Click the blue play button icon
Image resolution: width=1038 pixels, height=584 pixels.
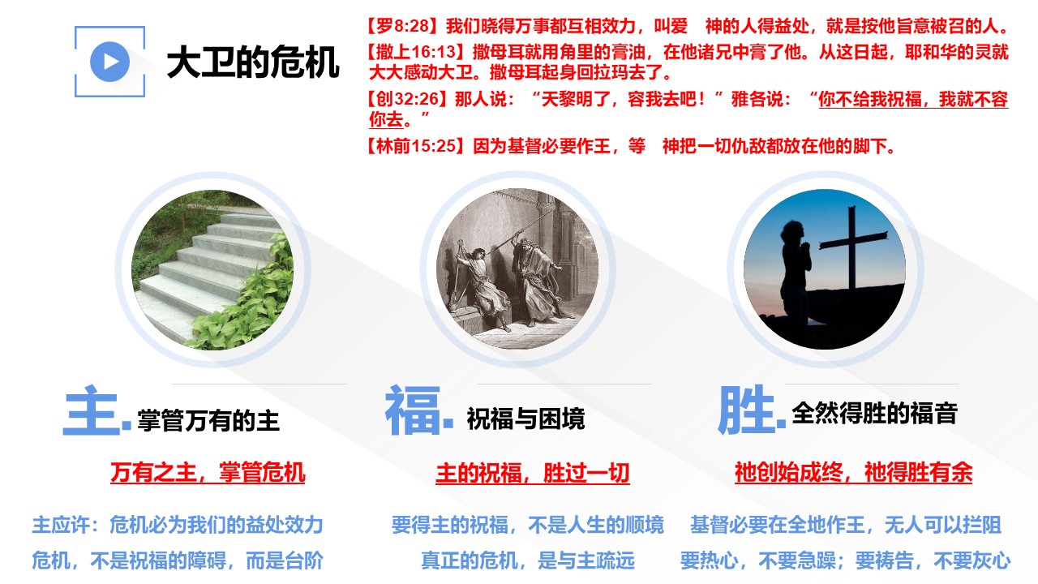coord(109,62)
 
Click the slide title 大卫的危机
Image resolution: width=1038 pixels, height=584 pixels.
coord(253,62)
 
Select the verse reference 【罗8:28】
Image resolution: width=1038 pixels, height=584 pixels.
coord(403,26)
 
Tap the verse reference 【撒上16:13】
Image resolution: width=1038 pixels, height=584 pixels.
coord(416,52)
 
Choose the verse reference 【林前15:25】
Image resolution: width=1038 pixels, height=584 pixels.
coord(416,146)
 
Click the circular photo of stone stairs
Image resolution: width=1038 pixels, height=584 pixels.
coord(212,270)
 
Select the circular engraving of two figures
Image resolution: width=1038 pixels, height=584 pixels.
coord(517,268)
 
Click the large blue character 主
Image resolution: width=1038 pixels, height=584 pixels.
coord(92,410)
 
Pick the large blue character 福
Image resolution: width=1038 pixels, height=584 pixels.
coord(413,410)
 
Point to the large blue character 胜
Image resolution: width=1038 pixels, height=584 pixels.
coord(747,410)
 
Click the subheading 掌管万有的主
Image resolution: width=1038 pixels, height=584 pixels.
coord(208,421)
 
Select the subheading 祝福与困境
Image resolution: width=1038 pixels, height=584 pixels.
coord(525,419)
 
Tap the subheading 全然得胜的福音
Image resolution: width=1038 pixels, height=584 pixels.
coord(874,413)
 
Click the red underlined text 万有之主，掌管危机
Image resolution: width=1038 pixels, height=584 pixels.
coord(208,473)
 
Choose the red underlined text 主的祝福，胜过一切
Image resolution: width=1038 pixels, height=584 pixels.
coord(533,473)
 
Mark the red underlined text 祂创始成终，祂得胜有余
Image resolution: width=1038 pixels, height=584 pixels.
coord(853,473)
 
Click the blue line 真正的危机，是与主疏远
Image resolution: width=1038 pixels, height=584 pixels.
coord(527,560)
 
